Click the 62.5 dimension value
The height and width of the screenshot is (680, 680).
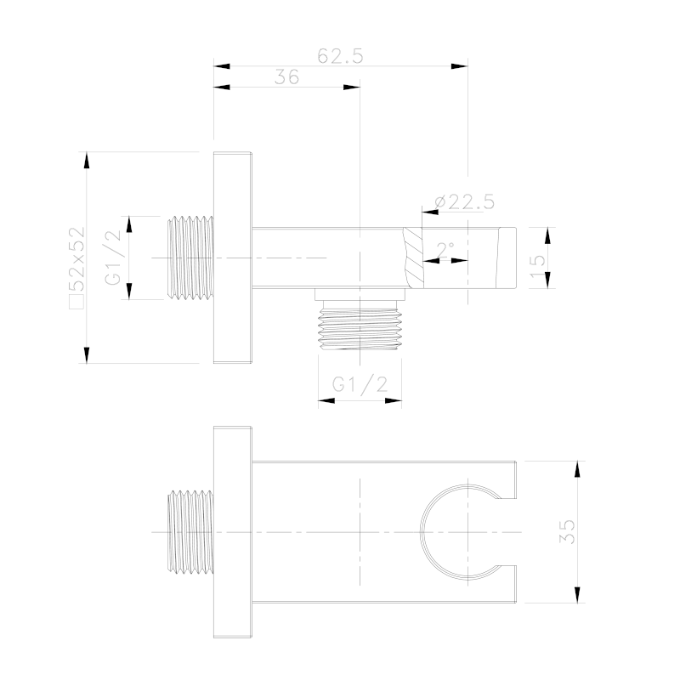340,56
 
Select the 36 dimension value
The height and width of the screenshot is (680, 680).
286,77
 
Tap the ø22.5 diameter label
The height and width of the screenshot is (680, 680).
464,202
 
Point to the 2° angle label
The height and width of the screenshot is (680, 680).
445,250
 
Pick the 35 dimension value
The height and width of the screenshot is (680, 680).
567,531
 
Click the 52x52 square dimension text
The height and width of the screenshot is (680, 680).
78,268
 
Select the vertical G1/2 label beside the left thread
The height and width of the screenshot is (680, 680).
113,258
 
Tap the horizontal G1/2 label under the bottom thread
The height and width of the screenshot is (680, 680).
360,384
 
